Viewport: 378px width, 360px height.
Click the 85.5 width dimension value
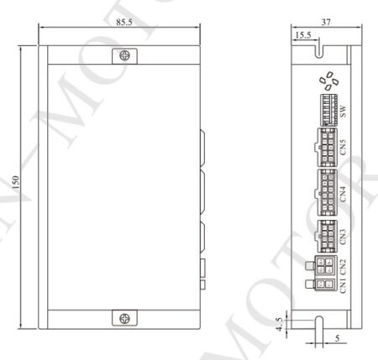(124, 21)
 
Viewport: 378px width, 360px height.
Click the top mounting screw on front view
(124, 55)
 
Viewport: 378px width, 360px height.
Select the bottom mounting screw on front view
(124, 318)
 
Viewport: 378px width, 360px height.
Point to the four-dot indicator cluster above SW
(328, 81)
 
